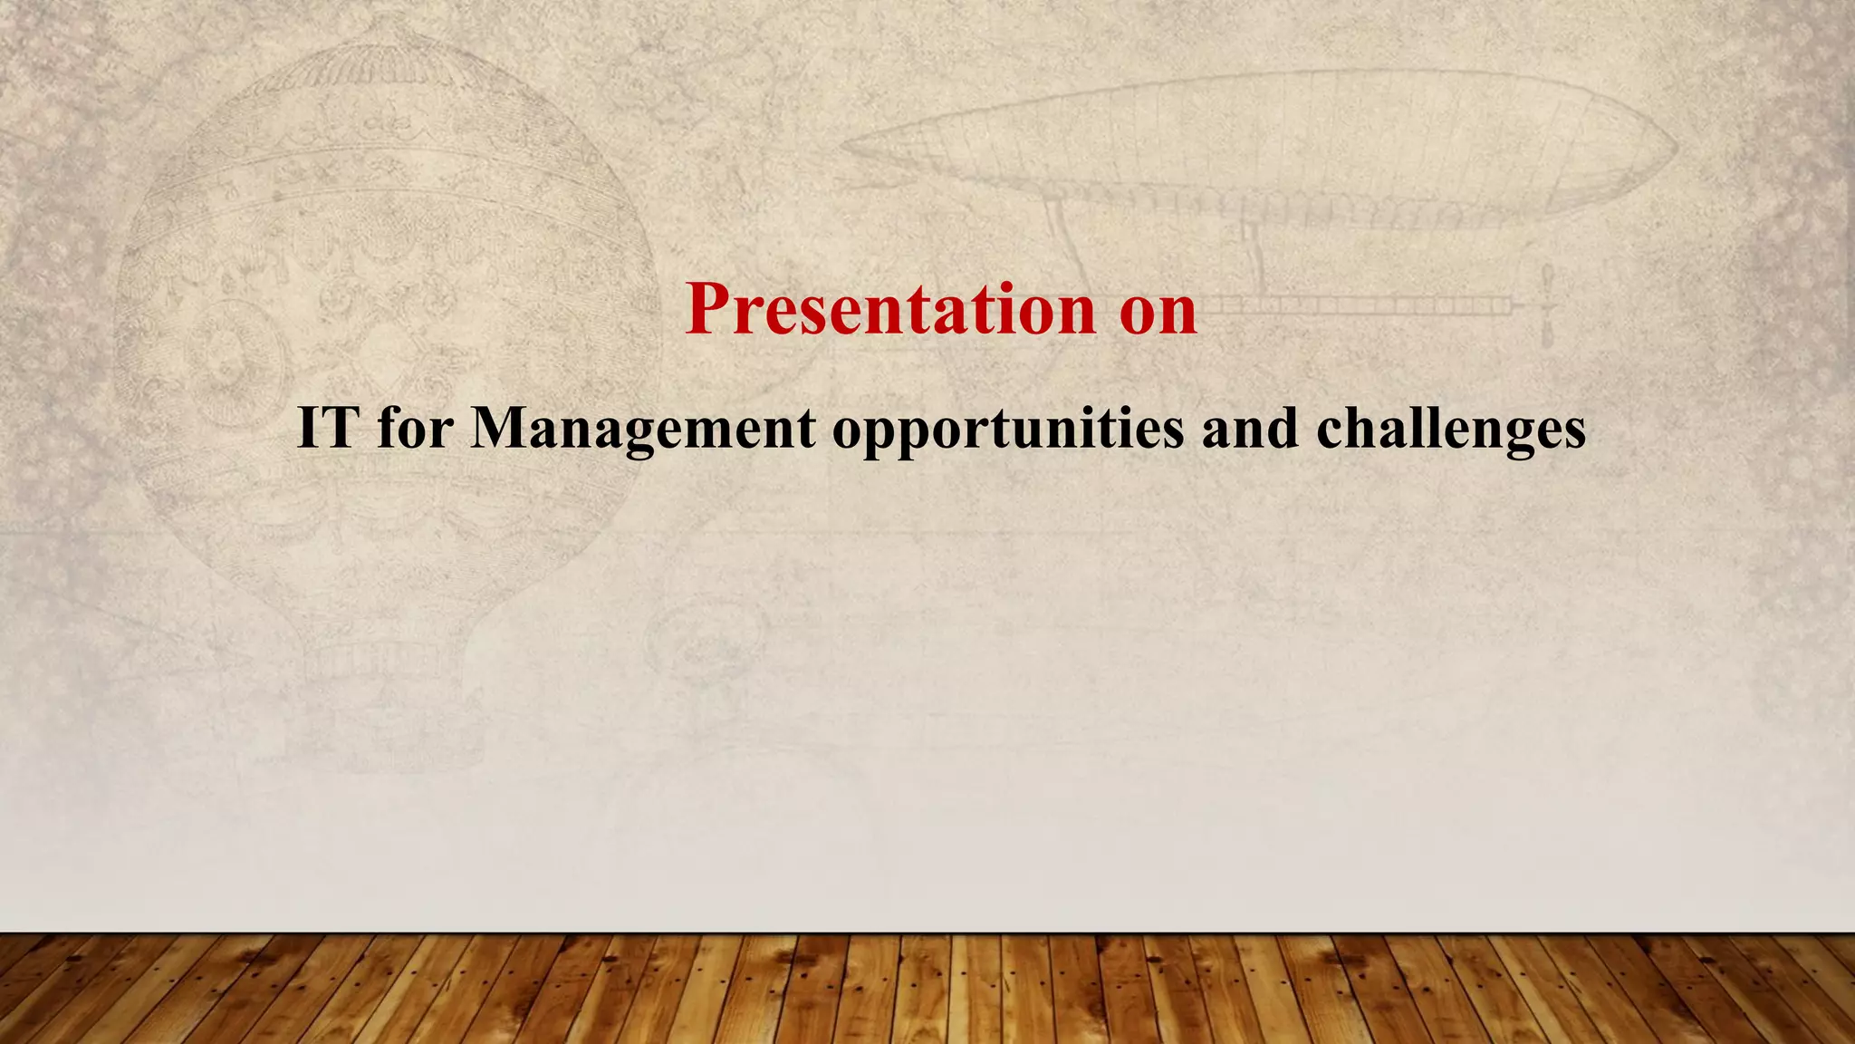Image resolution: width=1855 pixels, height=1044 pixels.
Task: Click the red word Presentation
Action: point(891,309)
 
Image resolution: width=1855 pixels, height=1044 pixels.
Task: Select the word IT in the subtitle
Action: point(328,427)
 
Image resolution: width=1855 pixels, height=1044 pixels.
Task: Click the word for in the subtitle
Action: point(415,427)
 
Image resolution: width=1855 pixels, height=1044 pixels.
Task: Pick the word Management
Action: point(643,429)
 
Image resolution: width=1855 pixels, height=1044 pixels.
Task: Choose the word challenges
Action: point(1451,429)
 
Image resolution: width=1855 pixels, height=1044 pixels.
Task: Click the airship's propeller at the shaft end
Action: point(1548,305)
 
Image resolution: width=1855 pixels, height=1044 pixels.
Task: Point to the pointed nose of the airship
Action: point(847,145)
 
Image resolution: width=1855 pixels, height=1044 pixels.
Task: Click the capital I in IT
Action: point(309,427)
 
